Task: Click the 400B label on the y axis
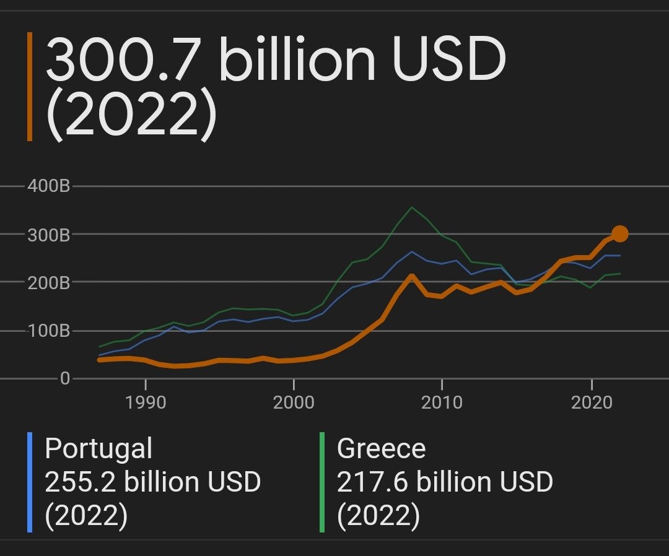click(x=48, y=186)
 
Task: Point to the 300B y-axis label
click(x=48, y=234)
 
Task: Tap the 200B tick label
click(x=48, y=282)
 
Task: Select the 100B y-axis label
click(x=48, y=331)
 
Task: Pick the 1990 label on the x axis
click(x=146, y=403)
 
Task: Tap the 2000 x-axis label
click(x=294, y=403)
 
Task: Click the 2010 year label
click(x=442, y=403)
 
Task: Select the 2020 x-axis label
click(x=591, y=403)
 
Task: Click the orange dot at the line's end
click(x=619, y=233)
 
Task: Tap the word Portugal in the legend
click(x=98, y=449)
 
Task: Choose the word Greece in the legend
click(x=381, y=449)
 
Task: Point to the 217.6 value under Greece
click(x=372, y=482)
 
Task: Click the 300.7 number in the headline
click(x=127, y=62)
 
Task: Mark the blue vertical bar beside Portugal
click(x=29, y=482)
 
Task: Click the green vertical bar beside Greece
click(x=322, y=482)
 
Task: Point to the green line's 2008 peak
click(x=412, y=207)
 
